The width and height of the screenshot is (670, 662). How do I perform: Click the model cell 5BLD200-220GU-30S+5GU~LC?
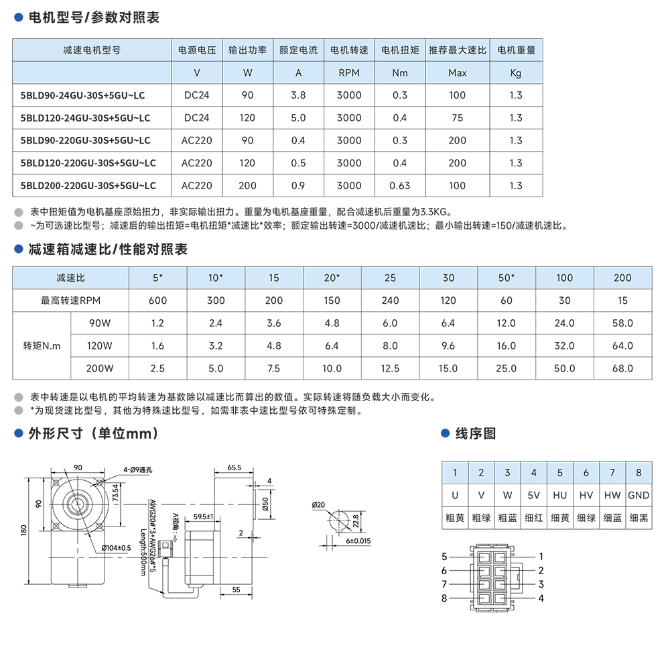coord(88,186)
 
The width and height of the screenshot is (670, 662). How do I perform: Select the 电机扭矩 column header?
coord(400,50)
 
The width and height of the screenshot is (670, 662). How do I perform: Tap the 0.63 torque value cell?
coord(400,186)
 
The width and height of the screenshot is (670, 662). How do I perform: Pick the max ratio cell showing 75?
coord(458,118)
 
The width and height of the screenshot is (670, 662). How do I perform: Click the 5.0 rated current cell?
coord(299,118)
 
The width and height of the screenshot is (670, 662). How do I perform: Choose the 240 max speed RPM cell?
coord(390,300)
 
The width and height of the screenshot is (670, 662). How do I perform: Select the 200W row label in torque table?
coord(99,368)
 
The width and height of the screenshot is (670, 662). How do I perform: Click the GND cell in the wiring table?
coord(639,495)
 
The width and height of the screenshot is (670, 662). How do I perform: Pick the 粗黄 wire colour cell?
coord(455,517)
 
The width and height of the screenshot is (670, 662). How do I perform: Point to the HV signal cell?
coord(586,495)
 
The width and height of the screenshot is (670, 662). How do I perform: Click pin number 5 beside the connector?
coord(444,557)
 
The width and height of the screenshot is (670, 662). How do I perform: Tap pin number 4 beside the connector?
coord(541,598)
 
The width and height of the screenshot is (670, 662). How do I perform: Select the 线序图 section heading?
coord(476,434)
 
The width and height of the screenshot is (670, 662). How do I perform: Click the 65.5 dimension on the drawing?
coord(234,467)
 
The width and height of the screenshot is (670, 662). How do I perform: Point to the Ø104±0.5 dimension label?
coord(116,548)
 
